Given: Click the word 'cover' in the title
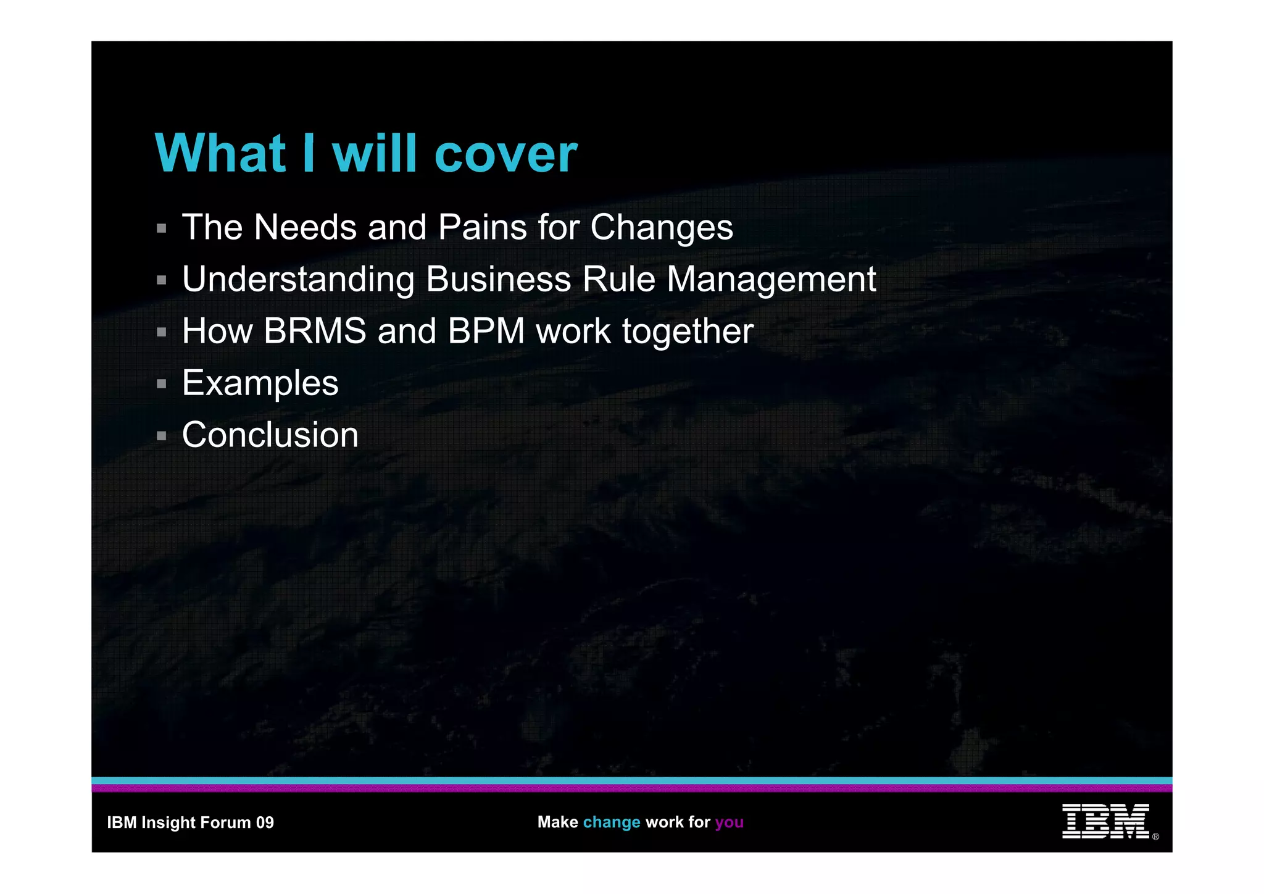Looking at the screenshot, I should tap(506, 154).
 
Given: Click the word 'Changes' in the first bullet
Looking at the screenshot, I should tap(662, 228).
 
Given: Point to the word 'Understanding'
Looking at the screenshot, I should tap(298, 280).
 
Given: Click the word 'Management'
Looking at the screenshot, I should tap(771, 280).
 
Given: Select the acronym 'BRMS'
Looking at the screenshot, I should tap(315, 331).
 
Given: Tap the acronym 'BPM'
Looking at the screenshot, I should tap(486, 331).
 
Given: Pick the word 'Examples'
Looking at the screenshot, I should tap(260, 384).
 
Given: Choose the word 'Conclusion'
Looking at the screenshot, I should tap(270, 435).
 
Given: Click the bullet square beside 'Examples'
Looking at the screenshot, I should tap(162, 384).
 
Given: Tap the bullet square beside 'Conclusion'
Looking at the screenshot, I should tap(162, 436).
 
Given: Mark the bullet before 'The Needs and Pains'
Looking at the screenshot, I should tap(162, 228).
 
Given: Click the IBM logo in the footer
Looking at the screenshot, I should tap(1105, 821).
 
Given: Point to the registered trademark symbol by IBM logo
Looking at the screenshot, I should tap(1155, 837).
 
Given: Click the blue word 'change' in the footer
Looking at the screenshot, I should tap(612, 822).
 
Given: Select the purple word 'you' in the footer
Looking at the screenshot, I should tap(729, 822).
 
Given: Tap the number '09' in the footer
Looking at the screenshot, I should tap(265, 822).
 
